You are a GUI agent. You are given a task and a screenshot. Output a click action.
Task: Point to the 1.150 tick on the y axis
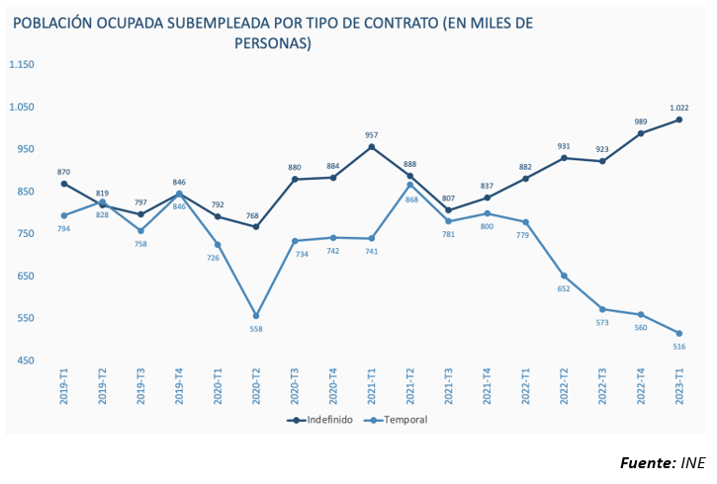(x=22, y=65)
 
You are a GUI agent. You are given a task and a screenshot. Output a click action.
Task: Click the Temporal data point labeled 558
(x=256, y=316)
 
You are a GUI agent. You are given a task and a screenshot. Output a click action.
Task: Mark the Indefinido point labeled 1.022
(x=679, y=121)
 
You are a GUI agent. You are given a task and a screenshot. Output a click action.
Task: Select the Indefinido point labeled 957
(x=372, y=147)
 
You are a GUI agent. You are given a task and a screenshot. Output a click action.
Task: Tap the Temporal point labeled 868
(x=410, y=185)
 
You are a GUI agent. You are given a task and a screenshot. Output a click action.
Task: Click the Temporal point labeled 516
(x=679, y=333)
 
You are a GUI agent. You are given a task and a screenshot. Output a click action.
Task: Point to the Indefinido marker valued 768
(x=256, y=227)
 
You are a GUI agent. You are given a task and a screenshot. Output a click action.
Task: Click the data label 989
(x=641, y=122)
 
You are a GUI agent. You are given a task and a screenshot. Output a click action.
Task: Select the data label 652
(x=565, y=288)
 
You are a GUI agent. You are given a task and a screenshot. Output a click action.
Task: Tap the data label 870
(x=64, y=172)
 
